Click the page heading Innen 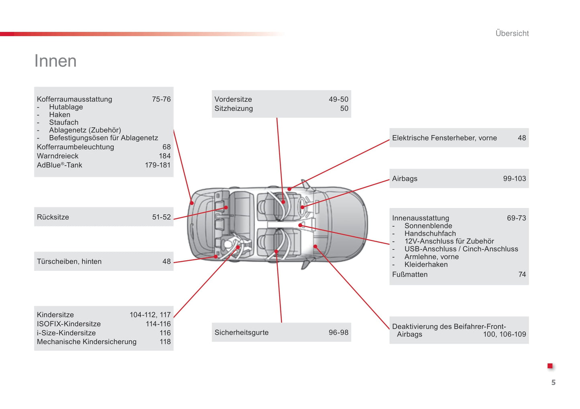(55, 61)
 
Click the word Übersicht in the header (512, 33)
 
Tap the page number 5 (553, 383)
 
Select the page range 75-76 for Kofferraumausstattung (161, 99)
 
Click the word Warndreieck (57, 156)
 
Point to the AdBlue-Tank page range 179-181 (158, 165)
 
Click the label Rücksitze (53, 217)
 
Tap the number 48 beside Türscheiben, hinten (167, 261)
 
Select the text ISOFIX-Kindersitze (69, 324)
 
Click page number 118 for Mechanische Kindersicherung (165, 342)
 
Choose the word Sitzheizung (234, 108)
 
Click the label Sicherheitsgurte (242, 332)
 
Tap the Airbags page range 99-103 (514, 179)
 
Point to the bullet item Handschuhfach (430, 234)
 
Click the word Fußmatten (410, 275)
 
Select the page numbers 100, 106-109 (504, 334)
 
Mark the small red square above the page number (550, 366)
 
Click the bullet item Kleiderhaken (426, 265)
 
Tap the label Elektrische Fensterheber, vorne (444, 138)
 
